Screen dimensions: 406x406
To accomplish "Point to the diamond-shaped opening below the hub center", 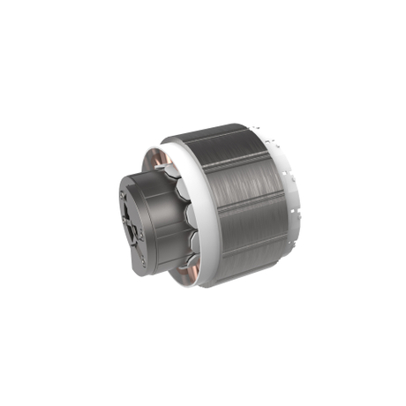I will (134, 231).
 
